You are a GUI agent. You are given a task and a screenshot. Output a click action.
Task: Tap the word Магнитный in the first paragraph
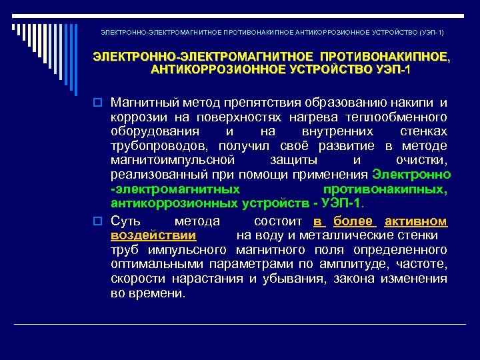(142, 103)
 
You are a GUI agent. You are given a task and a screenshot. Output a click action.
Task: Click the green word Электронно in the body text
(411, 175)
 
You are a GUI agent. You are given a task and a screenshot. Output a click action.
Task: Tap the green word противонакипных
(398, 189)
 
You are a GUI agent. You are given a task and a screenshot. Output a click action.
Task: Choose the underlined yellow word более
(353, 221)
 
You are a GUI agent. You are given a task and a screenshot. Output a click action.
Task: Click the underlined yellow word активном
(416, 221)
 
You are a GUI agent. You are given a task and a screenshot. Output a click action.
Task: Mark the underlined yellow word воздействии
(153, 235)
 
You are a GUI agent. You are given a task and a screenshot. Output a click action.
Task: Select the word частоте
(424, 264)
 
